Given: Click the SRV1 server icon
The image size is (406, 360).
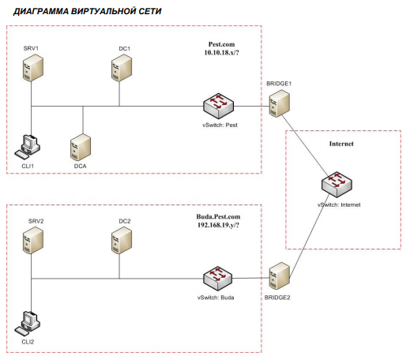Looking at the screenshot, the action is tap(32, 68).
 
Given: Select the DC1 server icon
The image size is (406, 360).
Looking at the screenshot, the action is tap(122, 68).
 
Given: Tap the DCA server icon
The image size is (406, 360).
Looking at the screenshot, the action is tap(81, 148).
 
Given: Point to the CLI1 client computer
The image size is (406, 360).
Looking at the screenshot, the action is tap(28, 147).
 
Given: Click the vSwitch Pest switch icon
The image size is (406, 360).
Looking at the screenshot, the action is tap(218, 106).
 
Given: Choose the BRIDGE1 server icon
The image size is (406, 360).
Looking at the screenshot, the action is tap(280, 103).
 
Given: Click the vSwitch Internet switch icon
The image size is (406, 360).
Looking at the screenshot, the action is tap(336, 185).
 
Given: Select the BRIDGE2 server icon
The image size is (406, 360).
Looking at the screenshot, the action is tap(280, 276).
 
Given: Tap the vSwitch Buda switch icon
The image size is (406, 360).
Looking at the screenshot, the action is tap(218, 279).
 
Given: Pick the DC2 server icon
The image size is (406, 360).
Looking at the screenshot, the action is tap(122, 241).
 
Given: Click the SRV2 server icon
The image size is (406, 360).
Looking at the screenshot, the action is tap(33, 241).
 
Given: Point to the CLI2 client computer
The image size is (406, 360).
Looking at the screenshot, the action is tap(28, 323).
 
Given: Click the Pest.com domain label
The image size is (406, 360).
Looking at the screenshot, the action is tap(221, 44).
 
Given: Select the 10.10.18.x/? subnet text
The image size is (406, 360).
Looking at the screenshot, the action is tap(221, 52).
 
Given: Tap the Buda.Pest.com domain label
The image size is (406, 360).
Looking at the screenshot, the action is tap(218, 216).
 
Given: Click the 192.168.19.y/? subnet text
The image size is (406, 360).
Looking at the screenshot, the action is tap(218, 225).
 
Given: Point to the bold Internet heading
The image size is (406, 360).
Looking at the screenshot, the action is tap(341, 144).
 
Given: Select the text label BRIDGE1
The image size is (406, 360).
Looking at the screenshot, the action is tap(279, 84).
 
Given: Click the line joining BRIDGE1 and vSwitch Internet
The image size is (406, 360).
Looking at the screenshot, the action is tap(305, 145).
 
